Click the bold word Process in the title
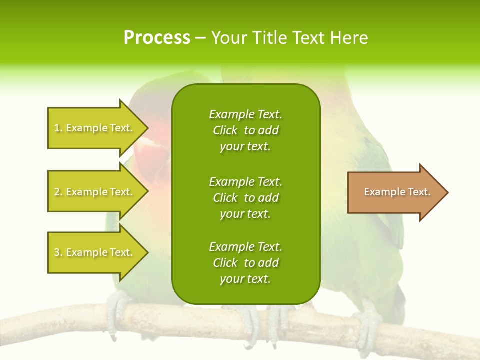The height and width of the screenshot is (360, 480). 157,38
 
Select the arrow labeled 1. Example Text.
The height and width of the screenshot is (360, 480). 95,128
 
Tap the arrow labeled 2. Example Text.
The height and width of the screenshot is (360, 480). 95,192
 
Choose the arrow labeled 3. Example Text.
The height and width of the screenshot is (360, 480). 95,252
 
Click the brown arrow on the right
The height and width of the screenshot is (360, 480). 395,192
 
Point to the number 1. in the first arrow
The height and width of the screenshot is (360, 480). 58,128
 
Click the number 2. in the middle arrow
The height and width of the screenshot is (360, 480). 58,192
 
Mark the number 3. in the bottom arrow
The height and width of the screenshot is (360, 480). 58,252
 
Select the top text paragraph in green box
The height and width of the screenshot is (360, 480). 245,130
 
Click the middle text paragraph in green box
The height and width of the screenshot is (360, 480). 245,198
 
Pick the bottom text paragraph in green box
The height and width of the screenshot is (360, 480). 245,263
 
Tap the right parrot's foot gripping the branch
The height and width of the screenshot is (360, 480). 367,320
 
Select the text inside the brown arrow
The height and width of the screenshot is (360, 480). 397,192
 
